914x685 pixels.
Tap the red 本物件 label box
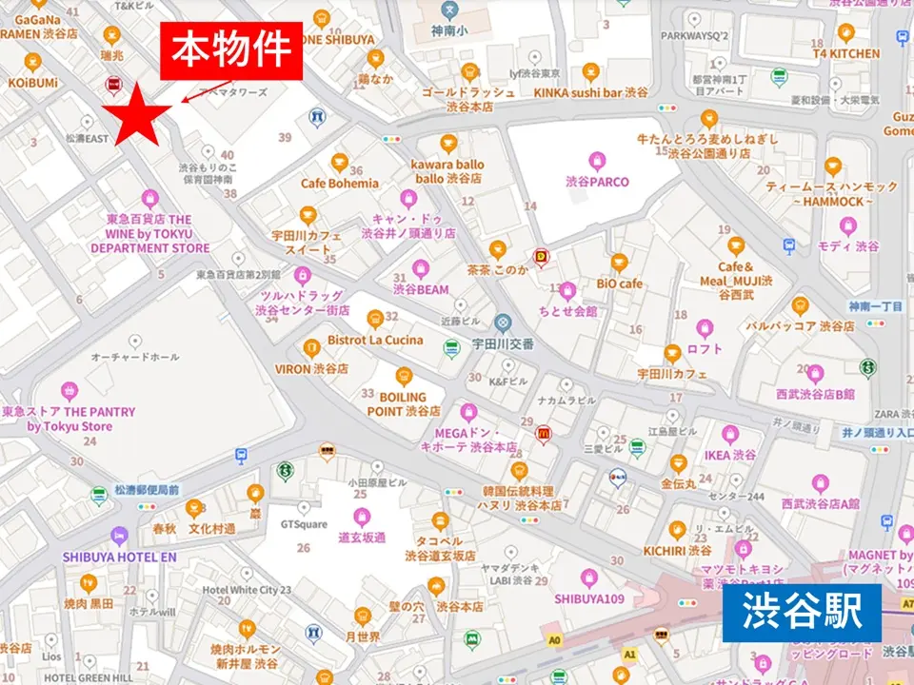pos(231,51)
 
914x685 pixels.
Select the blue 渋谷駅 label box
pos(802,613)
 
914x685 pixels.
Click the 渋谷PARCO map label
pos(597,182)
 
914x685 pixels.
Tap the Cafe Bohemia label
pos(340,184)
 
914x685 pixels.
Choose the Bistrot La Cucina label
pos(375,340)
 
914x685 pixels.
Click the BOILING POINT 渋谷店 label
pos(404,404)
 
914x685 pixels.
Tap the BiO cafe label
pos(620,284)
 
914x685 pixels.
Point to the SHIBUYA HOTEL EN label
pos(120,557)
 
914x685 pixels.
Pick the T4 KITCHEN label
pos(845,54)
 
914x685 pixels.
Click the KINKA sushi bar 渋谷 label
pos(590,92)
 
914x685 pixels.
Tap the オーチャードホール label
pos(134,357)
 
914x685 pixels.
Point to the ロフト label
pos(705,349)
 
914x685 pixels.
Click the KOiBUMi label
pos(33,84)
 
